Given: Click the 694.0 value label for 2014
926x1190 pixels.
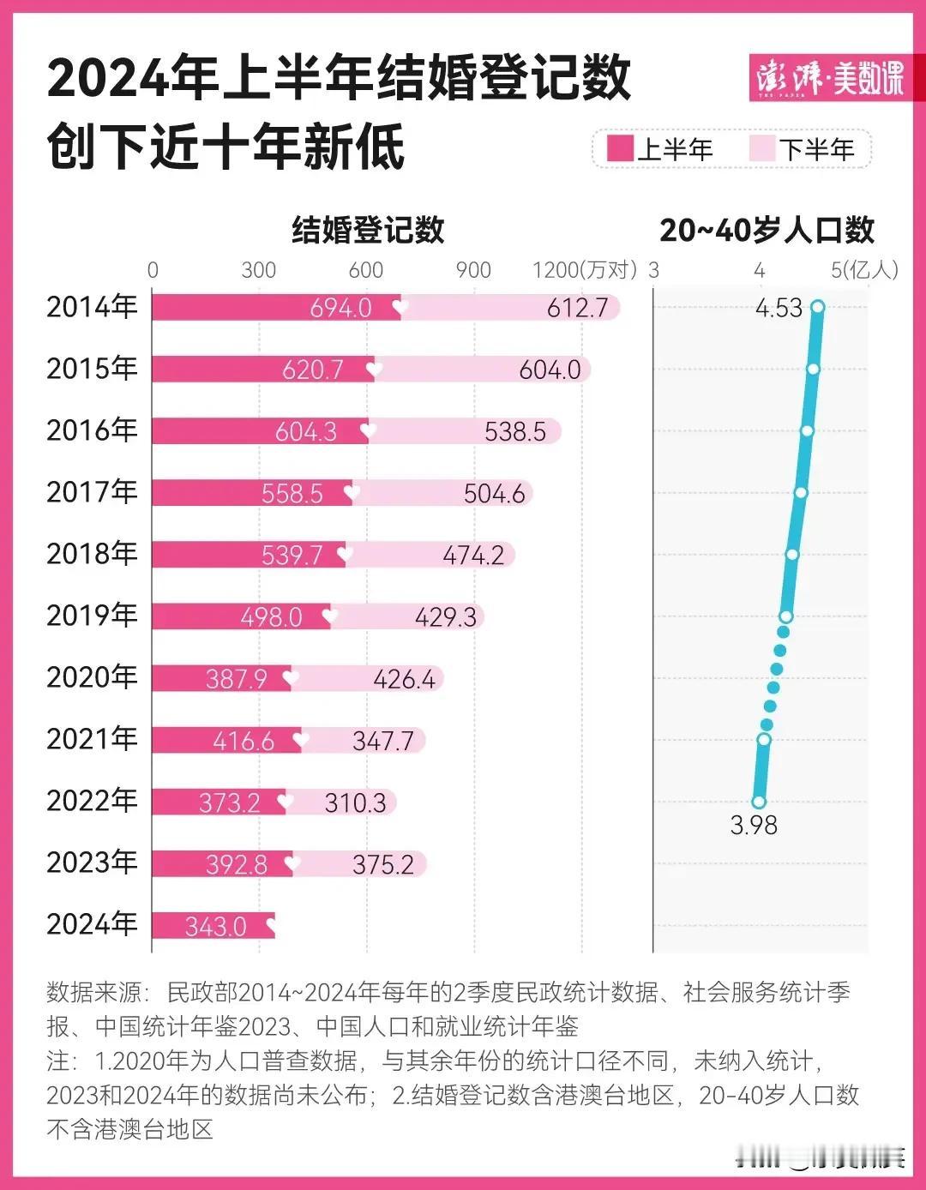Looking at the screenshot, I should point(340,308).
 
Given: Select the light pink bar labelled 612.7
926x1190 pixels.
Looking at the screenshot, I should point(511,308).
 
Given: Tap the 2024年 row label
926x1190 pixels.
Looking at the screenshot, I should point(92,924).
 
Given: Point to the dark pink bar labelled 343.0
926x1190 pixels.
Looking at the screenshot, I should point(214,926).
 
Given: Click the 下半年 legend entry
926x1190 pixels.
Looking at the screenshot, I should point(803,150).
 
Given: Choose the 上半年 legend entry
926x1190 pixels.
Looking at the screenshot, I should point(661,150).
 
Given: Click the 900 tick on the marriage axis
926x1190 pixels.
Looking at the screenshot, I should point(473,270).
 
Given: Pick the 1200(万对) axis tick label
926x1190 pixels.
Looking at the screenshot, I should point(585,270).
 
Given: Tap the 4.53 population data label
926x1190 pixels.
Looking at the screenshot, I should point(779,308).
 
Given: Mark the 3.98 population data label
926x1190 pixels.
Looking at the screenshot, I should point(754,825).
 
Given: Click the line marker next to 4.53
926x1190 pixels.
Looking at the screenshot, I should point(818,307).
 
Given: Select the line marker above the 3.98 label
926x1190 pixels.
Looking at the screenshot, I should point(759,802).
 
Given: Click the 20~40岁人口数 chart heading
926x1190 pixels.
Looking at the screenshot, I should point(767,230).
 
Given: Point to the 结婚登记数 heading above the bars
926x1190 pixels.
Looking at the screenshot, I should point(368,230).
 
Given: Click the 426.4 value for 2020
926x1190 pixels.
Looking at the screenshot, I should point(404,679).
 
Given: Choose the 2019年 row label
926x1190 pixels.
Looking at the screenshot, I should point(92,616).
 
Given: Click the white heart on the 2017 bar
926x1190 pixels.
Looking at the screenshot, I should point(352,493).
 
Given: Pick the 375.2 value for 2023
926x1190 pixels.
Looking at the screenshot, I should point(382,864).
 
